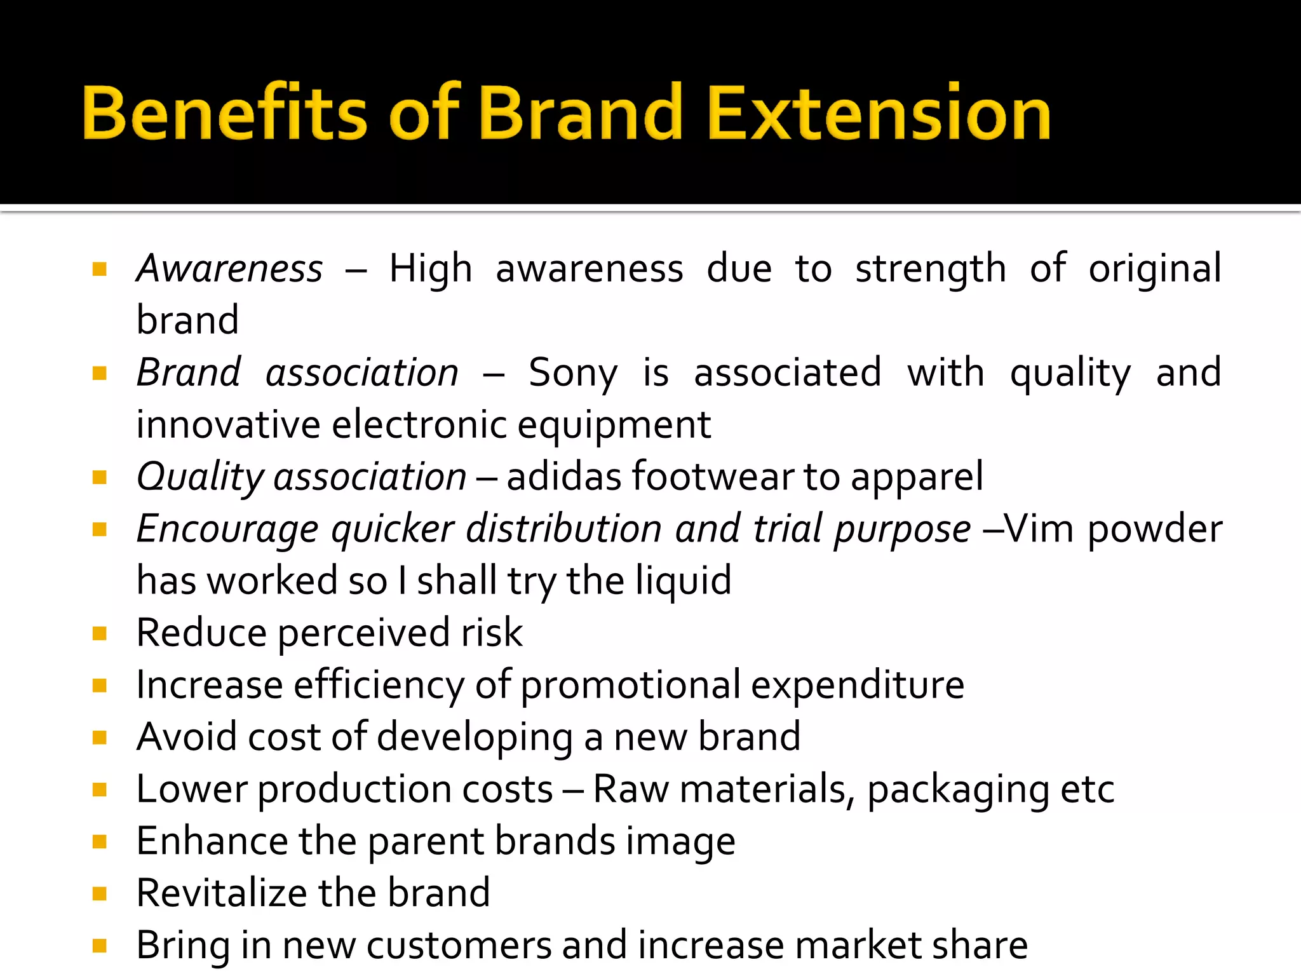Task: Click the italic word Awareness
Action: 230,268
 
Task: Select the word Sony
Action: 572,373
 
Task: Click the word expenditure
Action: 858,685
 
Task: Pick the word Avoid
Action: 187,737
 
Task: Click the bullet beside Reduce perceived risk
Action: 99,634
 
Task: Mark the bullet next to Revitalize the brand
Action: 99,894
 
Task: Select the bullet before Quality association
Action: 99,477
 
